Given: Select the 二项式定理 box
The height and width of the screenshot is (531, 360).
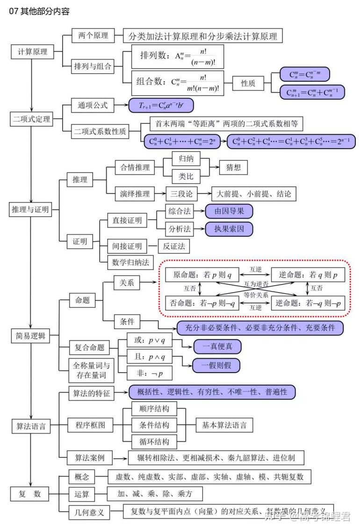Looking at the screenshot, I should (31, 119).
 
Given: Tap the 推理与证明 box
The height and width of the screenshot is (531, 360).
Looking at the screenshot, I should (30, 209).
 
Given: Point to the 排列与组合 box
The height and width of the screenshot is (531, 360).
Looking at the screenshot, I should (93, 66).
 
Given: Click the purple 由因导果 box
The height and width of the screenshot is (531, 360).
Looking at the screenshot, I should (229, 211).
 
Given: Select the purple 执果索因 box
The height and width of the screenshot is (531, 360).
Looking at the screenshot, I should (229, 229).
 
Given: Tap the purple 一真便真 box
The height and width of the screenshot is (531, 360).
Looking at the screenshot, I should (216, 346).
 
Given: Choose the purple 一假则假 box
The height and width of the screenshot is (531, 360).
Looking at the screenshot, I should (216, 365).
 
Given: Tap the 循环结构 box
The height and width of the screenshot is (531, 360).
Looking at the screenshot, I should (151, 441).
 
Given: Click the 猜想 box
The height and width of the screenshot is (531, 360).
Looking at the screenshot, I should (233, 167).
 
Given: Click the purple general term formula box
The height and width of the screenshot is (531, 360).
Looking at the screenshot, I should (161, 106).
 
